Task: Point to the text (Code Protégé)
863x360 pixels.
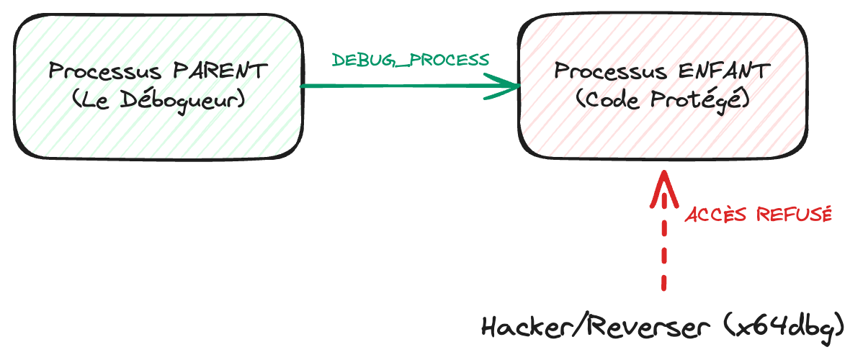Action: click(x=663, y=99)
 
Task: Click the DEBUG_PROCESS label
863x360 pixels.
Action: click(x=410, y=60)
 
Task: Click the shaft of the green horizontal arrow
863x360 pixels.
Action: click(x=403, y=86)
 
